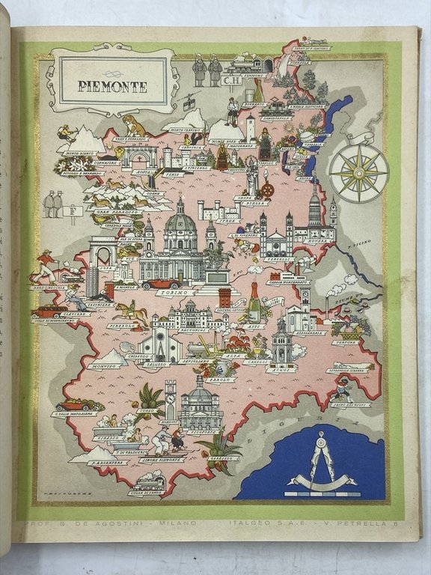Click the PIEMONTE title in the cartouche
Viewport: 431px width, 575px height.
(112, 87)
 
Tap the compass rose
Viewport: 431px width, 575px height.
(359, 173)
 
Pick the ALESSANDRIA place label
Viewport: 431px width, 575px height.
(308, 332)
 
